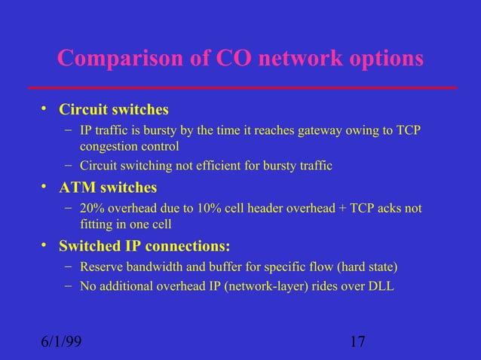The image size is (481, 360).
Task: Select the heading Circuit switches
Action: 114,110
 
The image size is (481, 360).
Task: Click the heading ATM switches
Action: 108,187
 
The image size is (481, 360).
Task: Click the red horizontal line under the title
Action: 241,88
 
